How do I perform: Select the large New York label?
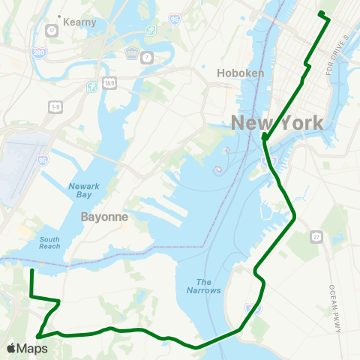coord(277,123)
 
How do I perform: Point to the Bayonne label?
coord(104,216)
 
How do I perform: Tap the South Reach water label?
coord(49,241)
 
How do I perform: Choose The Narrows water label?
coord(203,286)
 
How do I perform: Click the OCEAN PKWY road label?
coord(334,299)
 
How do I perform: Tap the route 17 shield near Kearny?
coord(52,31)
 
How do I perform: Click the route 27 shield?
coord(317,237)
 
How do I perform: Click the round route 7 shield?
coord(147,57)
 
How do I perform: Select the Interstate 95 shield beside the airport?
coord(41,160)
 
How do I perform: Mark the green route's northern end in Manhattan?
coord(320,13)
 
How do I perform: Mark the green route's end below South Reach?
coord(31,270)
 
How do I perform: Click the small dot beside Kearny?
coord(58,16)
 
